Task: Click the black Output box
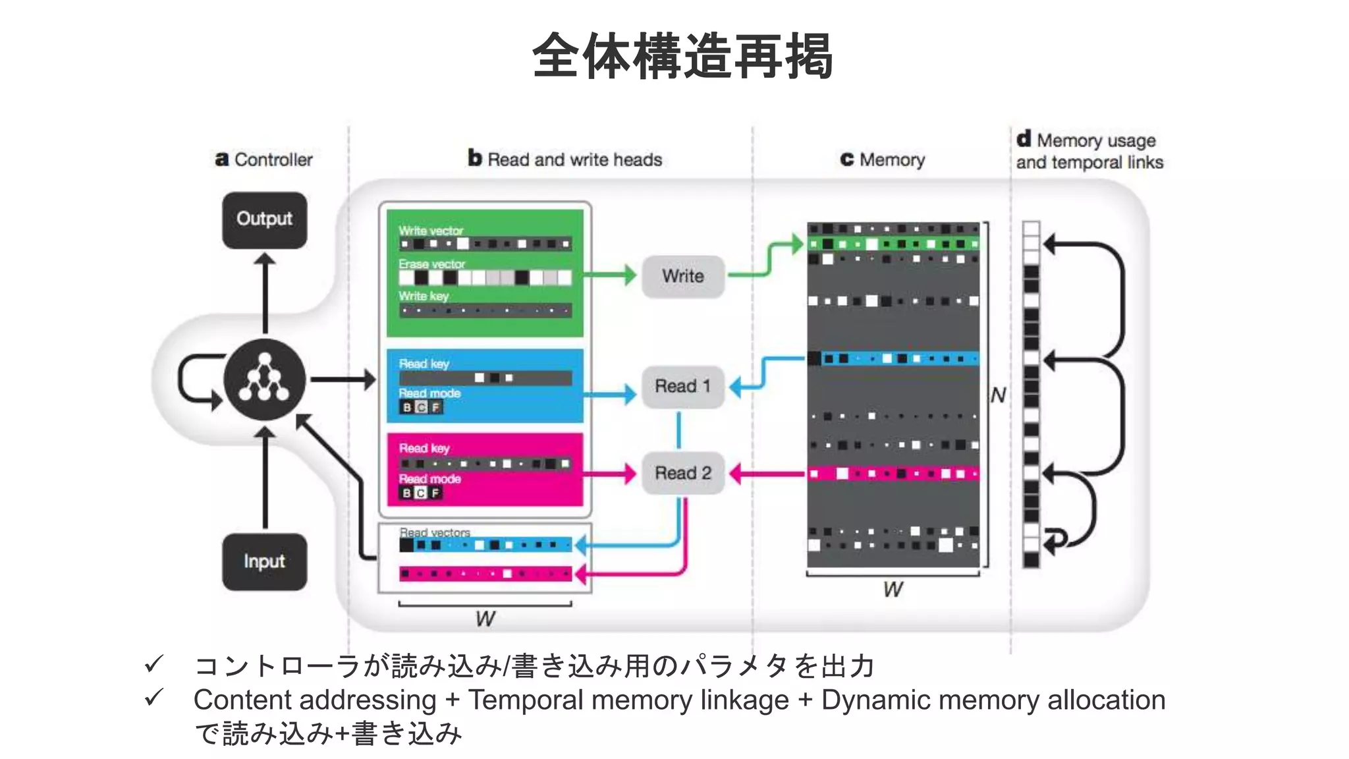[x=264, y=220]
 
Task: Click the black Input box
[x=264, y=561]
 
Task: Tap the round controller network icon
[x=264, y=379]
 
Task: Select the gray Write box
[x=683, y=276]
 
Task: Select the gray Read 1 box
[x=683, y=386]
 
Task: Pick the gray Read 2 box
[x=683, y=473]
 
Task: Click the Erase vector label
[x=431, y=264]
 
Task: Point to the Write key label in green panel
[x=424, y=296]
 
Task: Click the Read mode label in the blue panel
[x=429, y=393]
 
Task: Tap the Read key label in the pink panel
[x=424, y=448]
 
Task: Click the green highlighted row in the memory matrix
[x=893, y=244]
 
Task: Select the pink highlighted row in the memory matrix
[x=893, y=474]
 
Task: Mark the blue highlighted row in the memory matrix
[x=893, y=359]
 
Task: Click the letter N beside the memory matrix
[x=998, y=395]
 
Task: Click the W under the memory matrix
[x=893, y=589]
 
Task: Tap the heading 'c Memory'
[x=883, y=159]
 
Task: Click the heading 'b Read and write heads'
[x=565, y=159]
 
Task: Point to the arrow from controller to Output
[x=265, y=293]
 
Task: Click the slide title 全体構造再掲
[x=682, y=57]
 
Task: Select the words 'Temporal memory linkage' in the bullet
[x=628, y=700]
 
